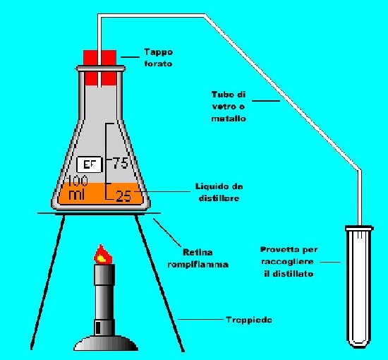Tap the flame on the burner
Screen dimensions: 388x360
tap(102, 255)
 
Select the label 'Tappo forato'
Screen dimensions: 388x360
tap(158, 58)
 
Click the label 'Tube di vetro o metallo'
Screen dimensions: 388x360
tap(229, 107)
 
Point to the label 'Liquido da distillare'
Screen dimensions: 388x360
tap(219, 192)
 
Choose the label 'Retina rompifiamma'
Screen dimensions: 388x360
tap(198, 258)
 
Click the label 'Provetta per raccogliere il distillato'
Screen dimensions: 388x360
tap(289, 261)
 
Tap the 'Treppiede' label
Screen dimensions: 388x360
tap(249, 320)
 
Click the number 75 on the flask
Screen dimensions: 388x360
tap(121, 163)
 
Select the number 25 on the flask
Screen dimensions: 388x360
tap(123, 196)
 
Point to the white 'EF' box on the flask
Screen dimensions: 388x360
tap(89, 164)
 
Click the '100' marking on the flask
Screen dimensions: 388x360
tap(77, 181)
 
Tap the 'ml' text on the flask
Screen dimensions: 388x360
tap(77, 194)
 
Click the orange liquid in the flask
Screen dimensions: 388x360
tap(100, 194)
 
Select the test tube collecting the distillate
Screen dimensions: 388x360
tap(359, 286)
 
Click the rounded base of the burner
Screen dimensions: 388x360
tap(106, 343)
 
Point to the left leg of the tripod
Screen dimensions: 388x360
tap(48, 282)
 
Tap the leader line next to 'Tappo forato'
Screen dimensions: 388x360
tap(131, 57)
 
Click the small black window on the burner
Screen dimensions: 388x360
tap(98, 328)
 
